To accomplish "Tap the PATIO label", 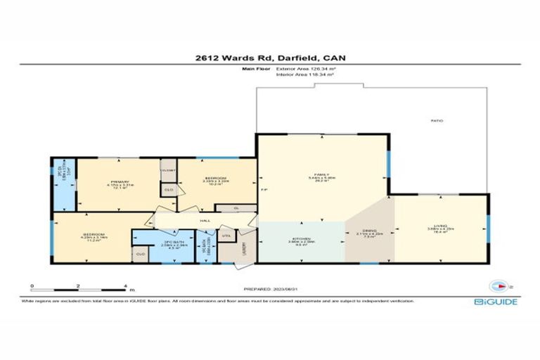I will click(437, 122).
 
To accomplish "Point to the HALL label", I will click(205, 221).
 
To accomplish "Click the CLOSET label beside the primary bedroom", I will click(169, 170).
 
